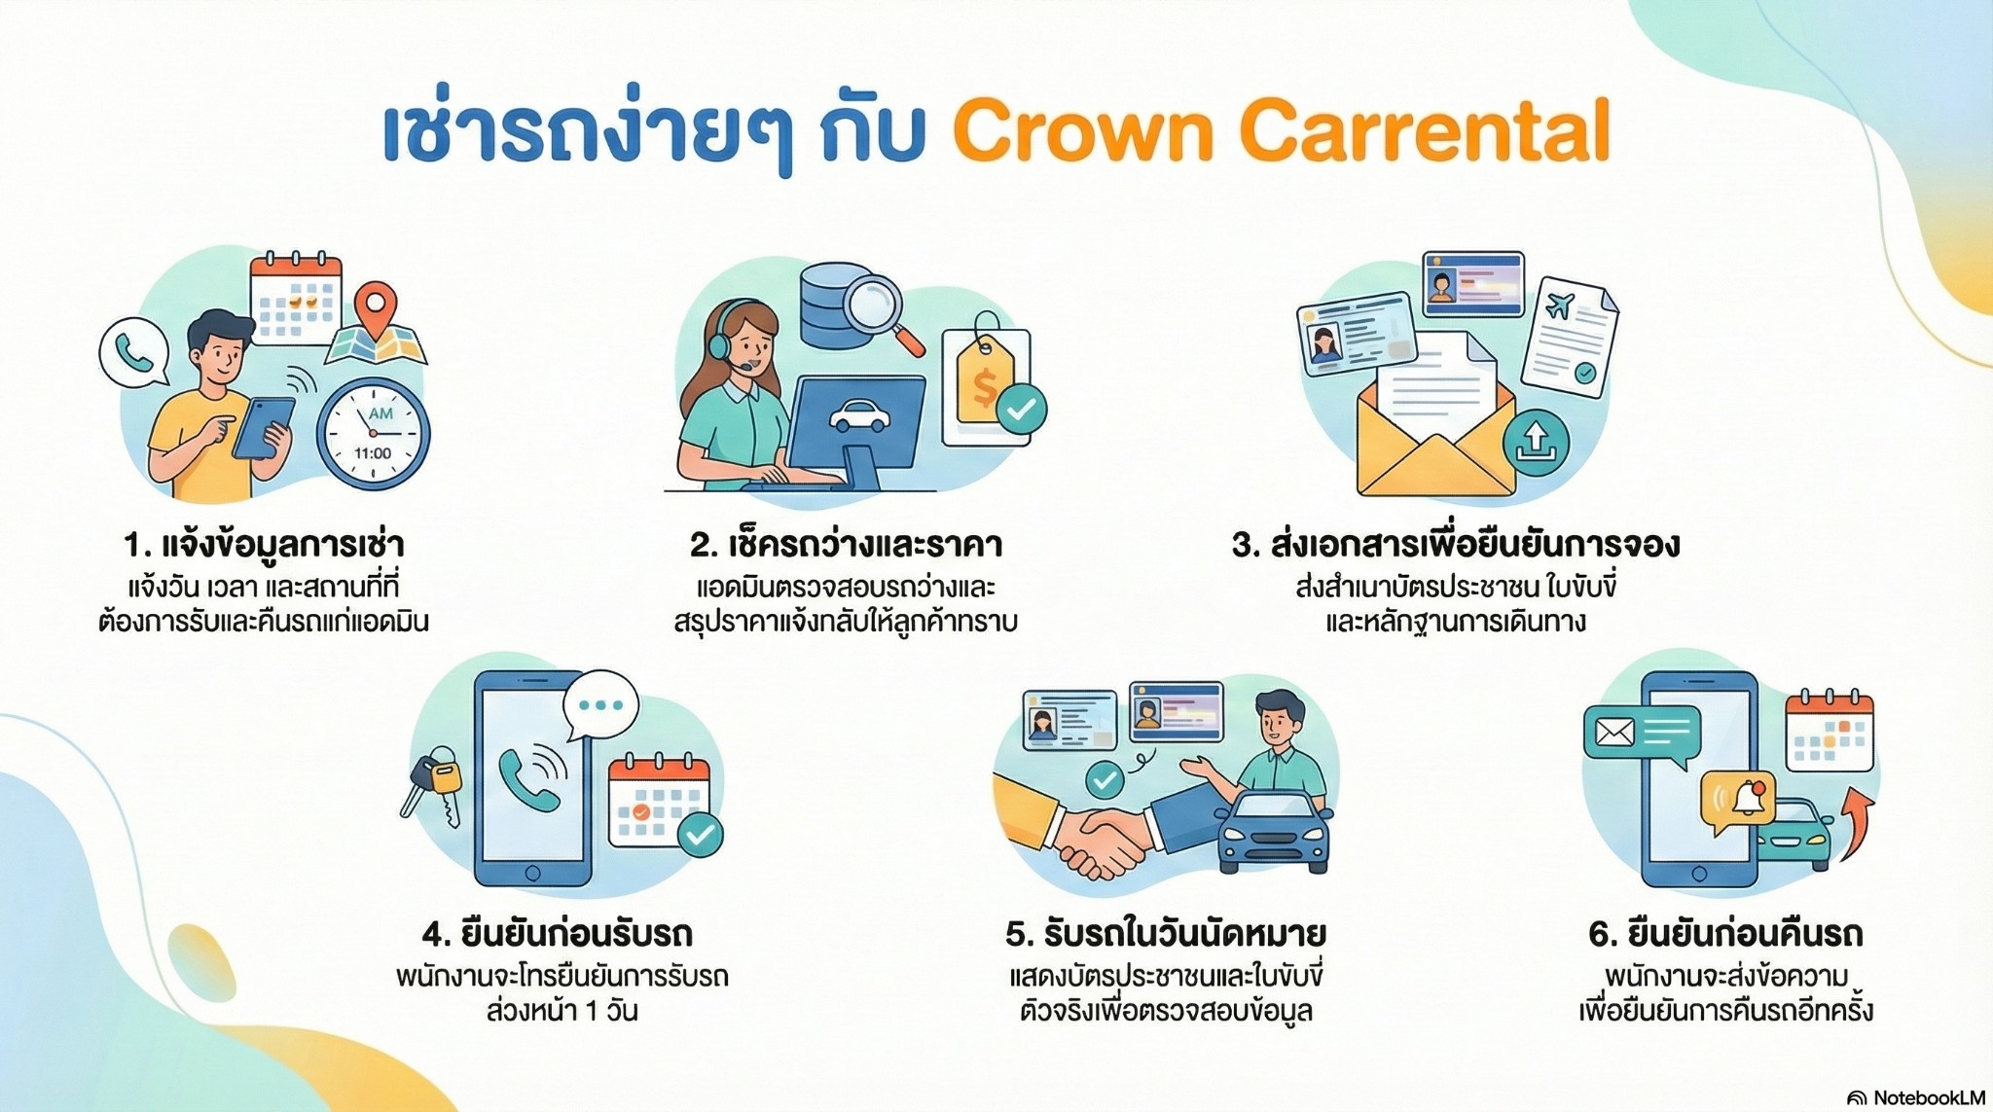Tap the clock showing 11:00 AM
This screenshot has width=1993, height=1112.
click(374, 433)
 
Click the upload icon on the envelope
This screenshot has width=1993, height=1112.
click(1536, 443)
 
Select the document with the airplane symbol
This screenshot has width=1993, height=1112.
click(1569, 336)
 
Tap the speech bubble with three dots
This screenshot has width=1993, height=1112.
click(600, 706)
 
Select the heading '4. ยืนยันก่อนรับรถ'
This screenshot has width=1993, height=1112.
click(558, 934)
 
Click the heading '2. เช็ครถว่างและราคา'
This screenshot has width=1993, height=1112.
click(846, 544)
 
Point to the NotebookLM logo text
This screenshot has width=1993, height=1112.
click(1928, 1097)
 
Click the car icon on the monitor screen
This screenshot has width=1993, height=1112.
click(858, 416)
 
